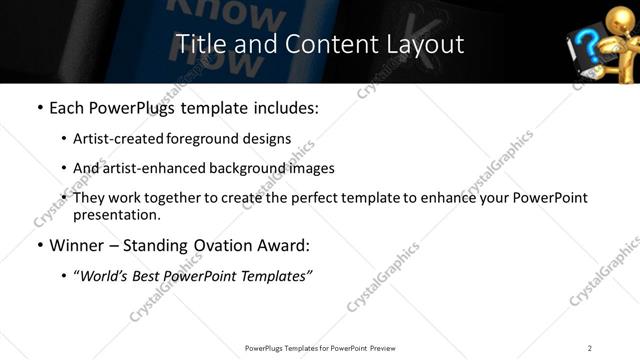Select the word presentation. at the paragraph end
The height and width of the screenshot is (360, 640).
click(x=117, y=215)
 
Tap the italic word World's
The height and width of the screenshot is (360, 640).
click(x=103, y=275)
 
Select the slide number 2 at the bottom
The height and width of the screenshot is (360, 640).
click(x=590, y=347)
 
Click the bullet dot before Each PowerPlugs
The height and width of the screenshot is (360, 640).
click(x=39, y=108)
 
